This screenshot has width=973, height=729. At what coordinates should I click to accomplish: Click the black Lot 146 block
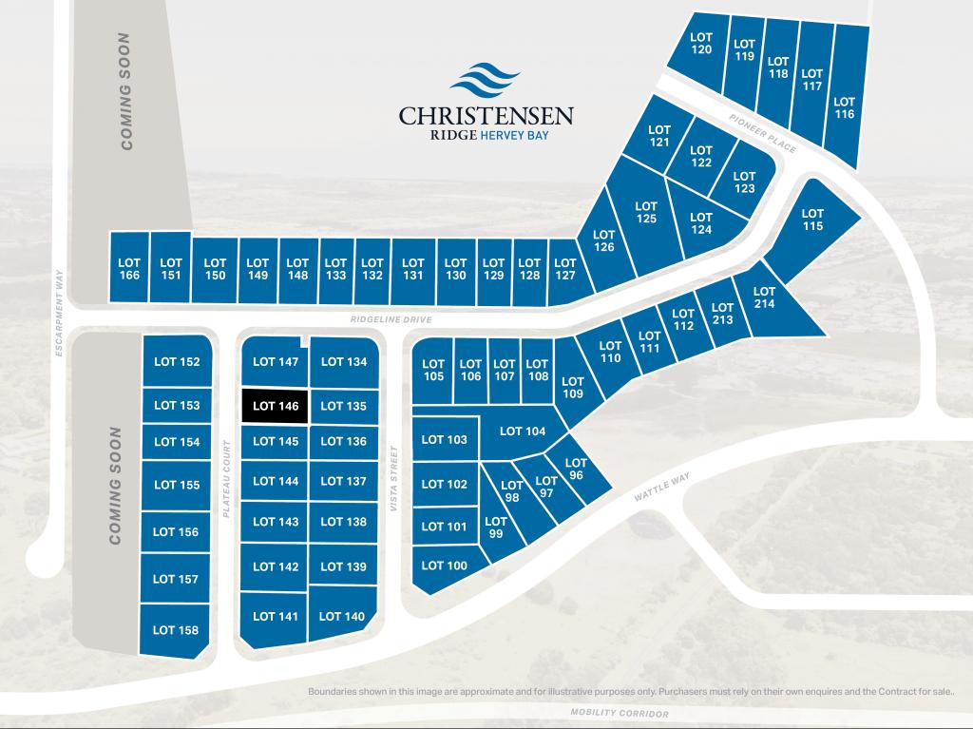coord(276,406)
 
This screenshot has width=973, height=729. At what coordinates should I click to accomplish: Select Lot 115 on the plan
coord(811,220)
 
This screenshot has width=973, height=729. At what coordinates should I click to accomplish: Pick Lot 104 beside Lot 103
coord(522,431)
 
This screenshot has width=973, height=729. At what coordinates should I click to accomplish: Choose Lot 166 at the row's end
coord(129,268)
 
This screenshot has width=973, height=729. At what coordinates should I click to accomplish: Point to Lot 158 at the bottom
coord(176,629)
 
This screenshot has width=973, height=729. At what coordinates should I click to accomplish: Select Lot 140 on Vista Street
coord(342,616)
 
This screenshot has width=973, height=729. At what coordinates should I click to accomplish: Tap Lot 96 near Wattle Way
coord(576,469)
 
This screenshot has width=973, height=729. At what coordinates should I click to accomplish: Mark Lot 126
coord(603,240)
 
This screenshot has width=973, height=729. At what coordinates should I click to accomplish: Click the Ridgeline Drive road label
coord(391,320)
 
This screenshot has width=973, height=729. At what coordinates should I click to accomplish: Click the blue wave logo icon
coord(486,81)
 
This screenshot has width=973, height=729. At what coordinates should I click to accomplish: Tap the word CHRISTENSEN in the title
coord(486,116)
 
